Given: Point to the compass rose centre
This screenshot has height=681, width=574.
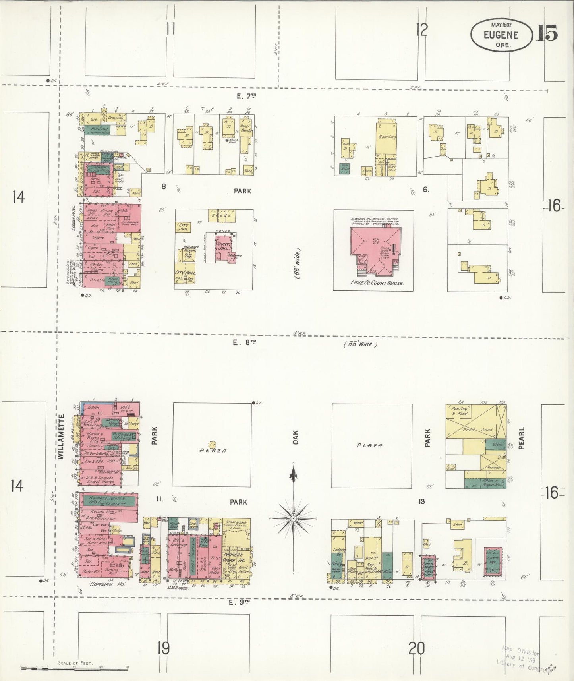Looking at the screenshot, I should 293,518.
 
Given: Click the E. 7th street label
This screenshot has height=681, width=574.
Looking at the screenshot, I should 242,96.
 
